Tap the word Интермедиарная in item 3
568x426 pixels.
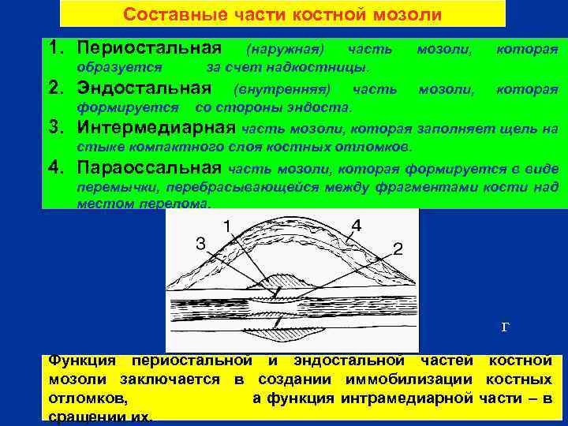coord(155,127)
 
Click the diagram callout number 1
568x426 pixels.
coord(227,226)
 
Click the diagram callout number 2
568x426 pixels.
coord(398,249)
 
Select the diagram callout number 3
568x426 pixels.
coord(200,245)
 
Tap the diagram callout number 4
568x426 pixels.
coord(357,226)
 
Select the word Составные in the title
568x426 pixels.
coord(165,15)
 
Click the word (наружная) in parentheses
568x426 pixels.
coord(286,50)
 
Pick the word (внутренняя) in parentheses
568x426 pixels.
coord(282,88)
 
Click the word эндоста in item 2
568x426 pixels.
coord(321,106)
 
